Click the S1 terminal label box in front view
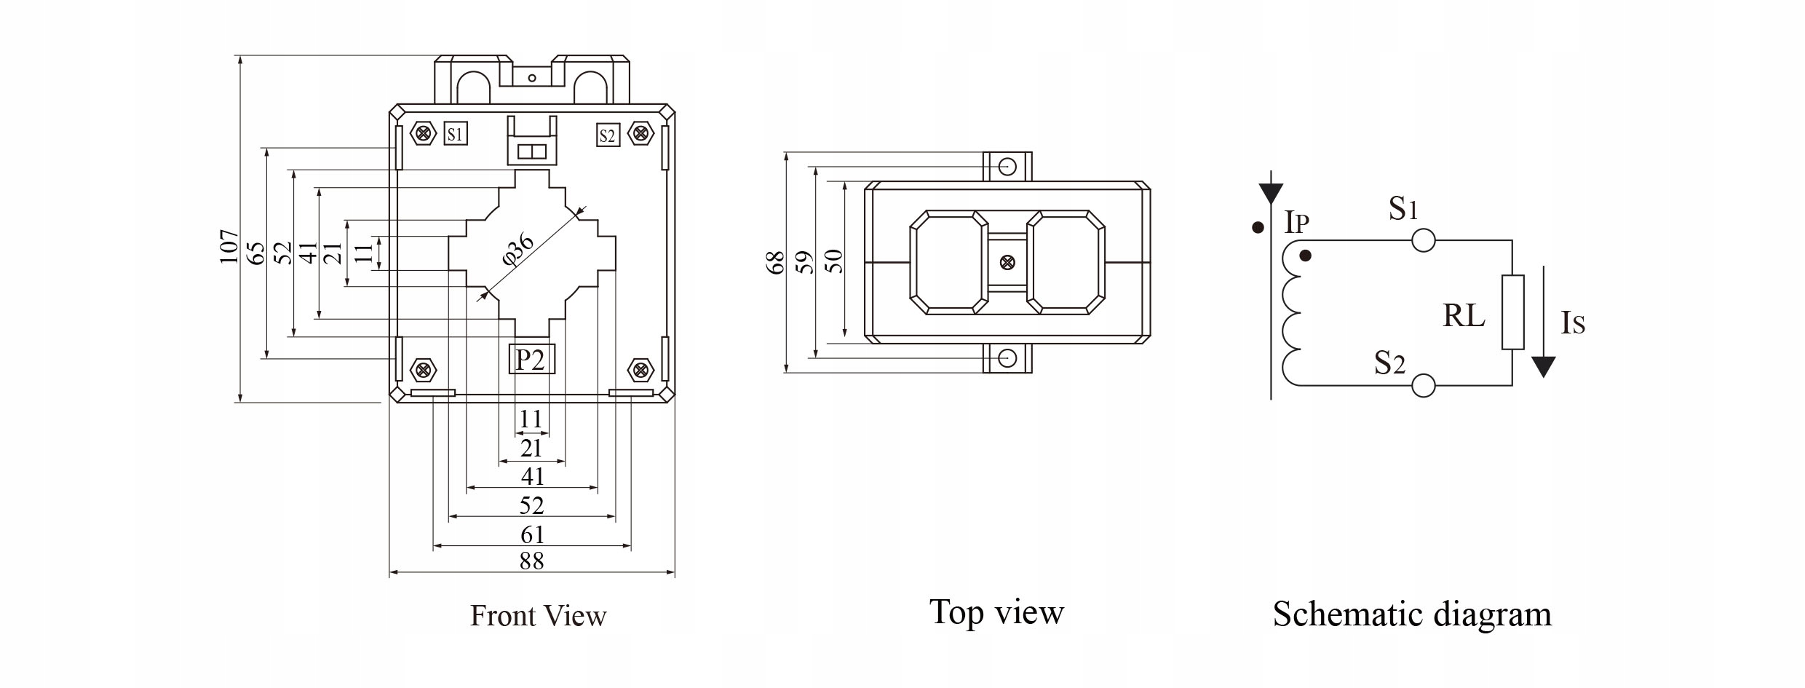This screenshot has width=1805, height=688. pyautogui.click(x=455, y=133)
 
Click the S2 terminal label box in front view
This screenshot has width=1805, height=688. pyautogui.click(x=607, y=135)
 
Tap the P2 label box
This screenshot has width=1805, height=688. pyautogui.click(x=531, y=359)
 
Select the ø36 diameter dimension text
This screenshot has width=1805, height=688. pyautogui.click(x=519, y=250)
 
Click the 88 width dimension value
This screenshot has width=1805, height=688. pyautogui.click(x=532, y=561)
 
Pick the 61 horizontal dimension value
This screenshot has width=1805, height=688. pyautogui.click(x=532, y=535)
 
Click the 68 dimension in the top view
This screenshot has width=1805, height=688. pyautogui.click(x=776, y=262)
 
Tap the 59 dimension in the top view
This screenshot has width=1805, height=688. pyautogui.click(x=805, y=262)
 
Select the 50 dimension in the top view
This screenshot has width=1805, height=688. pyautogui.click(x=836, y=261)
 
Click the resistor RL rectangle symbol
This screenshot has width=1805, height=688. pyautogui.click(x=1512, y=312)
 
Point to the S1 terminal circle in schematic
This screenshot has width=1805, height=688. pyautogui.click(x=1423, y=240)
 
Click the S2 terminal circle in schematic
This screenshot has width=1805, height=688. pyautogui.click(x=1423, y=385)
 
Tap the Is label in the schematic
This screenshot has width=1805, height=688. pyautogui.click(x=1572, y=323)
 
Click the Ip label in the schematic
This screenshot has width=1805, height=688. pyautogui.click(x=1296, y=222)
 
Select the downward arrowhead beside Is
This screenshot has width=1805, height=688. pyautogui.click(x=1543, y=366)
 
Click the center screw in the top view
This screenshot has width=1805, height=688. pyautogui.click(x=1007, y=262)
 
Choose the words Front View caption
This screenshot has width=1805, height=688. pyautogui.click(x=538, y=616)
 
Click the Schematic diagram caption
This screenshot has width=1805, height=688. pyautogui.click(x=1412, y=614)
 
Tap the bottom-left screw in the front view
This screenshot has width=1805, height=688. pyautogui.click(x=422, y=370)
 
